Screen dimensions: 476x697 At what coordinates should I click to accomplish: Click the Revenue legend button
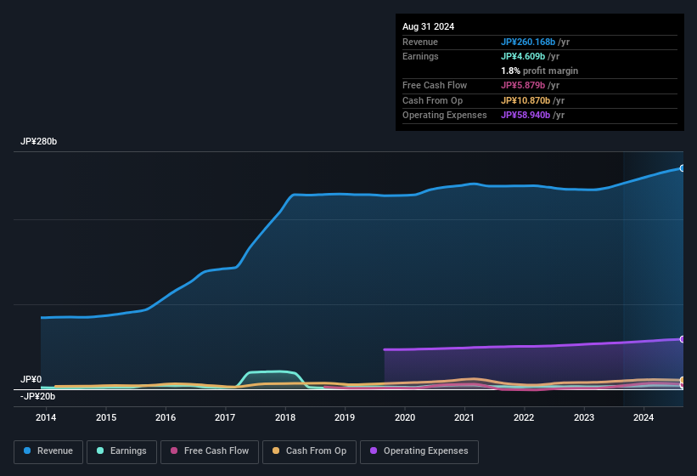tap(48, 451)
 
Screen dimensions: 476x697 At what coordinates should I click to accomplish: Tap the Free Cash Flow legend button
tap(210, 451)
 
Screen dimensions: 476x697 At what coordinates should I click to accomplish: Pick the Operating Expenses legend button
tap(419, 451)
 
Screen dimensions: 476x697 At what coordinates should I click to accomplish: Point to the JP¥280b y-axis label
tap(39, 142)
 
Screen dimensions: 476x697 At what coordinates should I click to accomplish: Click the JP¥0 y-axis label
tap(31, 380)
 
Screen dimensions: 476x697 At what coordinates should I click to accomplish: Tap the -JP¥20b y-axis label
tap(38, 396)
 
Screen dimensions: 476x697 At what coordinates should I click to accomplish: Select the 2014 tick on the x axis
tap(46, 417)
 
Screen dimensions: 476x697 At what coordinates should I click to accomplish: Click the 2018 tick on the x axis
tap(285, 417)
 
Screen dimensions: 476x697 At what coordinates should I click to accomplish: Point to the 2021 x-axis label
tap(464, 417)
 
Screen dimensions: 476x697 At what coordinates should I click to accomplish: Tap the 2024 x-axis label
tap(644, 417)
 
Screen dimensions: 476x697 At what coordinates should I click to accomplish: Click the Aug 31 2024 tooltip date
tap(428, 26)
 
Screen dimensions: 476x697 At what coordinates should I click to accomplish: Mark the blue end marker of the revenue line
tap(683, 168)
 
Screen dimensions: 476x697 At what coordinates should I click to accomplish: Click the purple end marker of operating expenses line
tap(683, 339)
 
